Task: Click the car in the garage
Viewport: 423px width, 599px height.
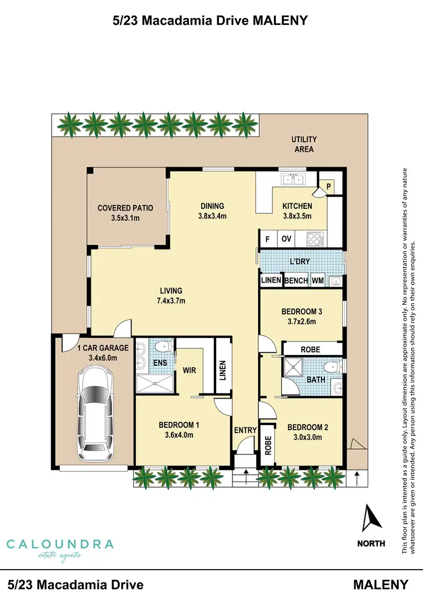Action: [95, 411]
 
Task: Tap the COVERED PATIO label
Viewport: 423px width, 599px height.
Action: [125, 208]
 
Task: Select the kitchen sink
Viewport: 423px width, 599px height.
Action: [293, 180]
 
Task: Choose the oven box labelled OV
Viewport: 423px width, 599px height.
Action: [287, 239]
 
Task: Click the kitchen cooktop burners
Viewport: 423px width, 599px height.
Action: [313, 239]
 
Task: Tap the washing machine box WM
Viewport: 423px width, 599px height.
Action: [318, 281]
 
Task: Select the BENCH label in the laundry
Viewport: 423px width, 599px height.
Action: [296, 281]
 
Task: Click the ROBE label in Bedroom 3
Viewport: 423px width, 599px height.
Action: [310, 350]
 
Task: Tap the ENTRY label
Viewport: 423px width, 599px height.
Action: [245, 430]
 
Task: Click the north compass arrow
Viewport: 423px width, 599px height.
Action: [371, 517]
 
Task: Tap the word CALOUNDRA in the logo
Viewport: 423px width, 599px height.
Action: [60, 544]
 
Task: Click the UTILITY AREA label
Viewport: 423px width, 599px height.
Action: [304, 144]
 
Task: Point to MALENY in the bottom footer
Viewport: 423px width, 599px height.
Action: [381, 584]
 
